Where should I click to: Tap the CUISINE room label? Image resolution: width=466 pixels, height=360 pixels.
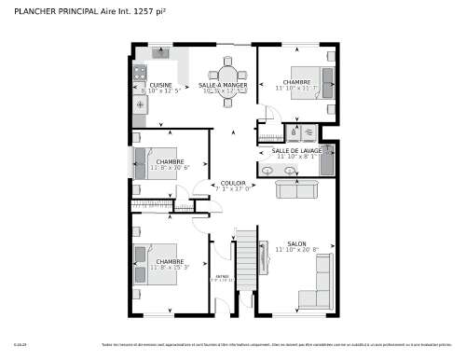[160, 84]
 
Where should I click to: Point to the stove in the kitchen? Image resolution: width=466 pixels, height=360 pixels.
[141, 72]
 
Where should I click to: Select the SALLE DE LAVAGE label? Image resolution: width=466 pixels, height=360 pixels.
[297, 150]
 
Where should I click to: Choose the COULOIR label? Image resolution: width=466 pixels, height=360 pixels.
[233, 183]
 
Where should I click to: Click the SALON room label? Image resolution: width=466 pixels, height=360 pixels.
[296, 243]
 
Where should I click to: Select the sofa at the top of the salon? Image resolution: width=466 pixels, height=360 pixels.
[296, 189]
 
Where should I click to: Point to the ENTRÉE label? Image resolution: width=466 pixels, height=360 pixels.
[222, 276]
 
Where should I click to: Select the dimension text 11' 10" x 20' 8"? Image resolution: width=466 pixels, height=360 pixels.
[296, 250]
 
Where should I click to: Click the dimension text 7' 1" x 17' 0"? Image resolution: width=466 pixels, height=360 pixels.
[233, 188]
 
